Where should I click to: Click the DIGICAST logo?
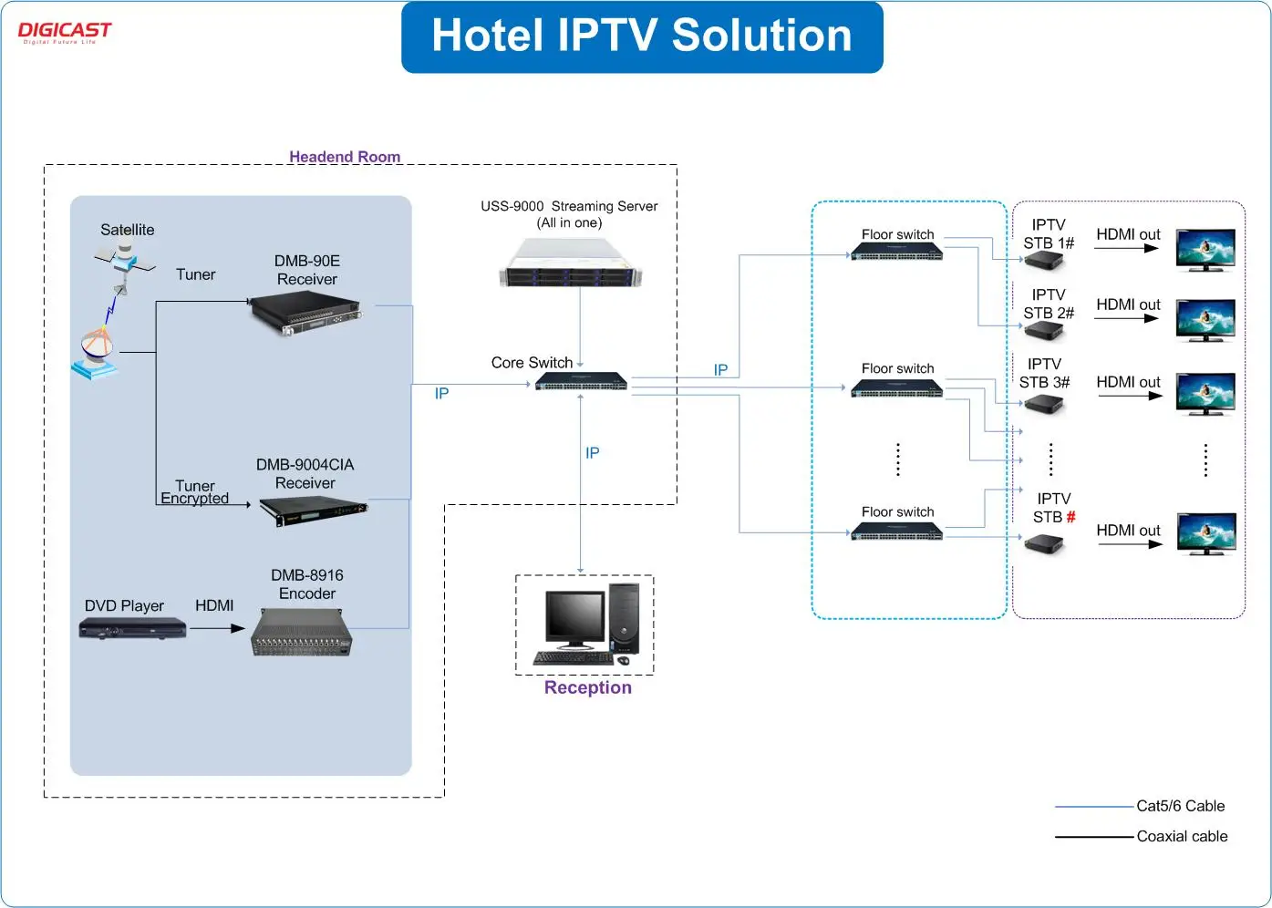point(64,32)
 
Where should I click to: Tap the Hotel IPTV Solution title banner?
point(642,36)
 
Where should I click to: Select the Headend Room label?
point(345,157)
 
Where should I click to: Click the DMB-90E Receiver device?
point(306,315)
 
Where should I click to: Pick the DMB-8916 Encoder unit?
point(302,633)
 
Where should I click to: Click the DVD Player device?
point(132,627)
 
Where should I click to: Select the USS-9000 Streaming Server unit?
point(571,263)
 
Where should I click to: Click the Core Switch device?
point(582,381)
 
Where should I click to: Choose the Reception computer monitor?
point(574,618)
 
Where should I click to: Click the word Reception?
point(588,687)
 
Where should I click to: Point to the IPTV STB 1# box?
point(1044,262)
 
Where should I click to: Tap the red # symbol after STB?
point(1070,517)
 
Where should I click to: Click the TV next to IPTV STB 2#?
point(1205,320)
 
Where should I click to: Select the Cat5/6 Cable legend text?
point(1180,806)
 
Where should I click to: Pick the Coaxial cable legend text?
point(1182,836)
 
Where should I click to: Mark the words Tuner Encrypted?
point(194,492)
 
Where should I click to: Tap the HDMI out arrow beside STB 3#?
point(1130,396)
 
